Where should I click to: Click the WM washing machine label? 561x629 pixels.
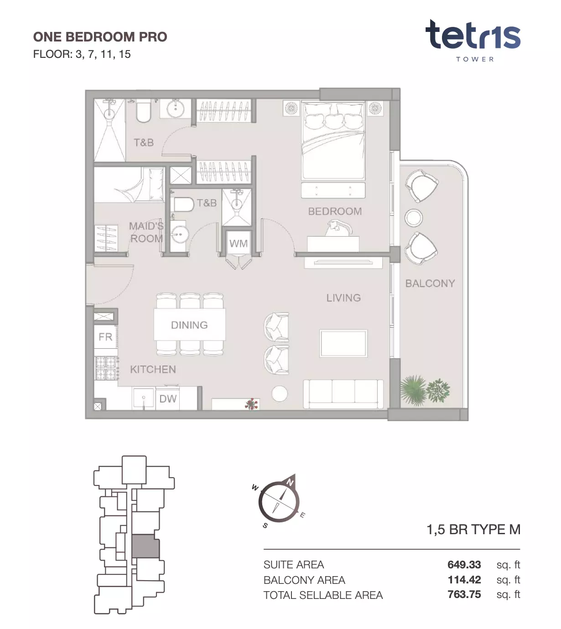pos(238,243)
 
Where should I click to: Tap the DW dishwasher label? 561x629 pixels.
pos(168,399)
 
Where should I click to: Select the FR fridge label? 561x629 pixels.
pos(105,337)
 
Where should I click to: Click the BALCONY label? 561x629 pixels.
pos(430,283)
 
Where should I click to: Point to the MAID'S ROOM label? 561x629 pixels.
pos(146,232)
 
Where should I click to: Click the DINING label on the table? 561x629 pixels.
pos(189,325)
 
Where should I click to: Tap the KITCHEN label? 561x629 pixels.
pos(153,370)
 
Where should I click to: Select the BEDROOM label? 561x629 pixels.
pos(335,211)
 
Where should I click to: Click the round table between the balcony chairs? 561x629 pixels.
pos(413,217)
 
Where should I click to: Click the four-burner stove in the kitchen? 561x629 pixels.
pos(106,368)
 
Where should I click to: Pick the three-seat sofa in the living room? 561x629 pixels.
pos(343,394)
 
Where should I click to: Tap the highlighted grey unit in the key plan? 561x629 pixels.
pos(145,546)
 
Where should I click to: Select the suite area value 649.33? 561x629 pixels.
pos(464,564)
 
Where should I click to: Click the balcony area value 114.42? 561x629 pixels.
pos(464,580)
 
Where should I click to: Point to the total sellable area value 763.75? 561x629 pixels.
pos(464,594)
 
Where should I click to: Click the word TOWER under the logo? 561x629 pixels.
pos(475,59)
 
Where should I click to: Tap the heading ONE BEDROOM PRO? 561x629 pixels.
pos(100,37)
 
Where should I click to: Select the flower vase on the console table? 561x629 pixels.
pos(252,403)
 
